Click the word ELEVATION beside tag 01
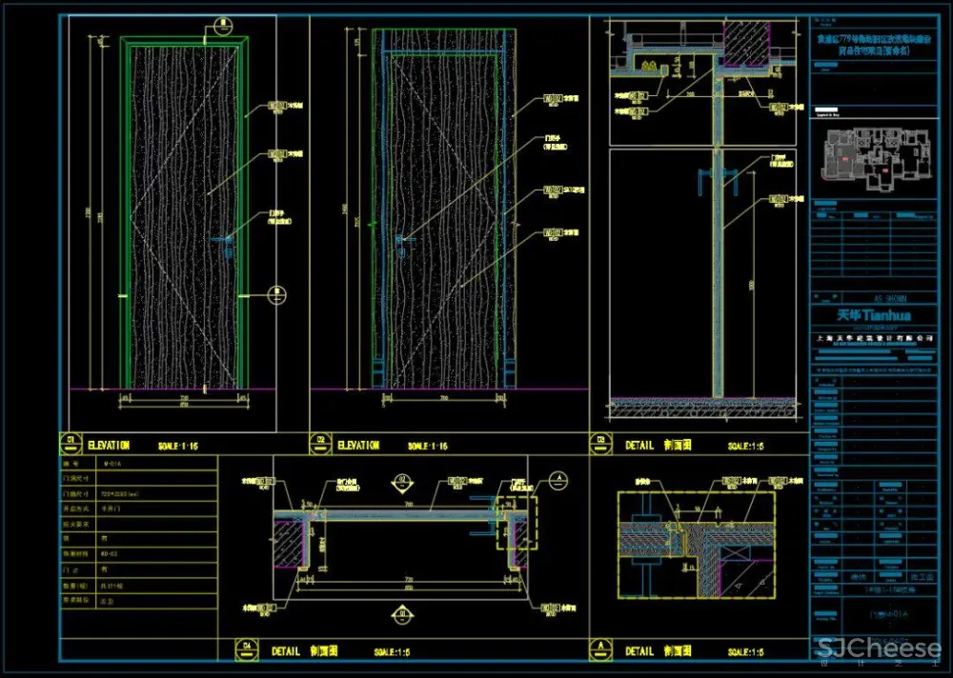tap(109, 445)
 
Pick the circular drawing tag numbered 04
tap(249, 650)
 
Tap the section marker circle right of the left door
tap(274, 295)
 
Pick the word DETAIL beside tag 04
tap(286, 651)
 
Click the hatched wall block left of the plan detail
tap(290, 544)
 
